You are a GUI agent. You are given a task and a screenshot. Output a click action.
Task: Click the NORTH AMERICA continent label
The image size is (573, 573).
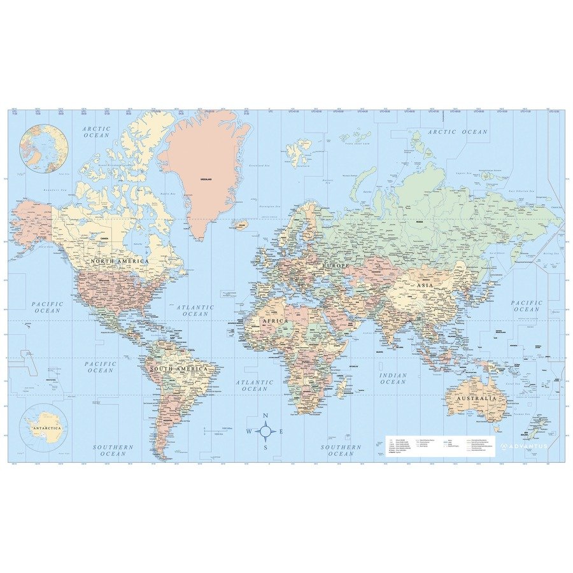click(x=119, y=261)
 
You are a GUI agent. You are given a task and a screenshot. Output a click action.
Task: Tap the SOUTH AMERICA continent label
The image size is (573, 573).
click(x=178, y=369)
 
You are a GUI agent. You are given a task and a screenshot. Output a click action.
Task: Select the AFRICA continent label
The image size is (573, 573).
click(x=274, y=322)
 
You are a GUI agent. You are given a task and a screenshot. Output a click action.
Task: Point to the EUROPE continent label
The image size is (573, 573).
click(x=336, y=264)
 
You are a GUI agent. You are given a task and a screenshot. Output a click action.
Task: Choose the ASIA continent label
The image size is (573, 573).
click(x=425, y=285)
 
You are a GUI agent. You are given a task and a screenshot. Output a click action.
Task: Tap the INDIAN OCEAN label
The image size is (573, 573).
click(x=393, y=378)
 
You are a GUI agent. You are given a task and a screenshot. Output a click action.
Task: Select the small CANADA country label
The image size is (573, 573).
click(x=105, y=239)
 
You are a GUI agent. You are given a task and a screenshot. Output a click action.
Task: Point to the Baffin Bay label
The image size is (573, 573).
click(x=167, y=193)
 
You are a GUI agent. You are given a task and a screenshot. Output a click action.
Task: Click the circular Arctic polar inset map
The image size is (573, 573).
click(x=44, y=148)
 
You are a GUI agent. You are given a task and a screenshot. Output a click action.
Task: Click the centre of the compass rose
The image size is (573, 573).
click(x=267, y=432)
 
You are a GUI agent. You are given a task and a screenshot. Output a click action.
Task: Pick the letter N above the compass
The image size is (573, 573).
click(x=267, y=418)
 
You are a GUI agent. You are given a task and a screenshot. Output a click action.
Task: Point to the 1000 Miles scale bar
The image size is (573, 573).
click(x=216, y=430)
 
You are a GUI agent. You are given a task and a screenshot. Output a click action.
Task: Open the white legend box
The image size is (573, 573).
click(x=440, y=446)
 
